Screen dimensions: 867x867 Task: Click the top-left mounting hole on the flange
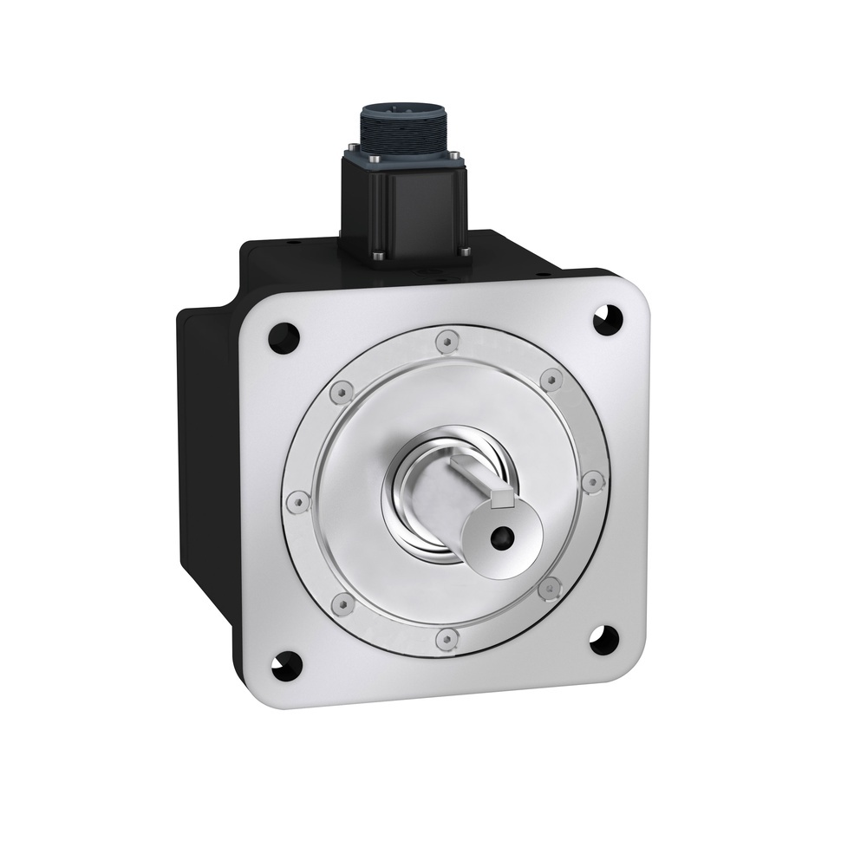click(x=284, y=335)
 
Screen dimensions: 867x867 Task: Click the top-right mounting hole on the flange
click(x=606, y=318)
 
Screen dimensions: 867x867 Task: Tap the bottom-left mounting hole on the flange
click(x=286, y=665)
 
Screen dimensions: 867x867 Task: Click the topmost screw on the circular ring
click(x=446, y=342)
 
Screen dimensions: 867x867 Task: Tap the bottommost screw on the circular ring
click(x=446, y=640)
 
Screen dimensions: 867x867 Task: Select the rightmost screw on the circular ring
click(x=592, y=480)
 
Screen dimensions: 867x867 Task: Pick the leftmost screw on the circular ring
click(x=298, y=501)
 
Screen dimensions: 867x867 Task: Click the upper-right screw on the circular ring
click(x=551, y=379)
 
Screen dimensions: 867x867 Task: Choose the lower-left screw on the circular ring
click(x=343, y=603)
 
